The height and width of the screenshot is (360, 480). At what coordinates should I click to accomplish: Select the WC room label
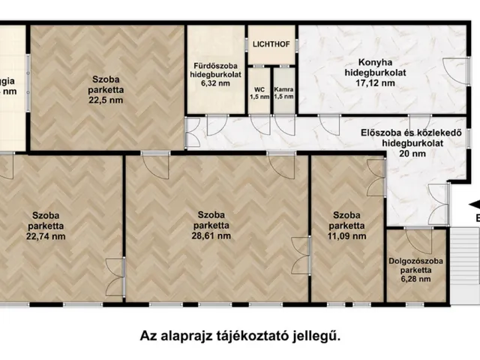pos(259,88)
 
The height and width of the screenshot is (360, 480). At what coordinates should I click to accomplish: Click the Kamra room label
pos(284,88)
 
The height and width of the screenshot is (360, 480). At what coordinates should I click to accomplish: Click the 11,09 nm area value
pos(349,235)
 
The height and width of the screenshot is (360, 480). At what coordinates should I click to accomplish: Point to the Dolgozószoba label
pos(414,262)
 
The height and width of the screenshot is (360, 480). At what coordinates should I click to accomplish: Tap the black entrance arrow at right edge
pos(472,204)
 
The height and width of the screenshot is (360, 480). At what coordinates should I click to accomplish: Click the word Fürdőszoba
pos(216,66)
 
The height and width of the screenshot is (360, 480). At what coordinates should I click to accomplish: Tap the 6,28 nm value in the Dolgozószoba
pos(414,280)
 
